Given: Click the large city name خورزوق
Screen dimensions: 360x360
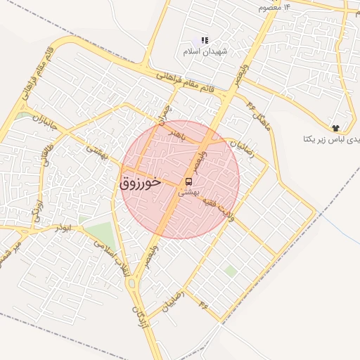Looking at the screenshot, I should [141, 182].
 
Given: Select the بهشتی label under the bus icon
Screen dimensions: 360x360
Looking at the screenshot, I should [188, 191].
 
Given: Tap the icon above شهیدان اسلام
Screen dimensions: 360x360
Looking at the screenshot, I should [204, 41].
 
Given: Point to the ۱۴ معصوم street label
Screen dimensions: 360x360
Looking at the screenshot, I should [274, 6].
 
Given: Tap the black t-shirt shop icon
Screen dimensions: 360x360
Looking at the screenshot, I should [336, 127].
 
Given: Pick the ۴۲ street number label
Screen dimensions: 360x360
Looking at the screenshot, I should [204, 304].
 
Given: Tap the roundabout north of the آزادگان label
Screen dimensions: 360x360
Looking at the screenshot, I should [132, 284].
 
